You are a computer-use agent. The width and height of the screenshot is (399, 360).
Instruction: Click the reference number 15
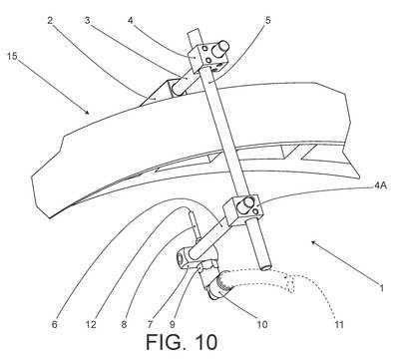[12, 56]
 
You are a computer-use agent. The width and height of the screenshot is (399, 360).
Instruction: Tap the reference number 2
[50, 21]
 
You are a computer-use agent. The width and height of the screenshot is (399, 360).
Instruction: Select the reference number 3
[87, 21]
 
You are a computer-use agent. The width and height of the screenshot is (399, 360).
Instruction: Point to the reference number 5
[268, 20]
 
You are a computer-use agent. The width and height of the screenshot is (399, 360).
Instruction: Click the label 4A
[380, 185]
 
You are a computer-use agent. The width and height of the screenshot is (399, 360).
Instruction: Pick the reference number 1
[382, 288]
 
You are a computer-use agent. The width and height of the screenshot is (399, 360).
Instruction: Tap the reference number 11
[339, 324]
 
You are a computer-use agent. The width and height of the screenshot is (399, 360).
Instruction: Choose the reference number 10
[262, 324]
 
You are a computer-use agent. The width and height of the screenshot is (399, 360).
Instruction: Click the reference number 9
[173, 324]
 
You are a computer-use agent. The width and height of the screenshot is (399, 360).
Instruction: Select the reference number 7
[149, 324]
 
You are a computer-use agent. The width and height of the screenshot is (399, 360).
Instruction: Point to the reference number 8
[124, 324]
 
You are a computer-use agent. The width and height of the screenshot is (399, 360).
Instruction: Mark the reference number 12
[91, 324]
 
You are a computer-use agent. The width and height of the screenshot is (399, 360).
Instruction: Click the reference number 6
[55, 324]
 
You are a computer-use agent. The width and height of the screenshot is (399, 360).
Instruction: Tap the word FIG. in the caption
[168, 342]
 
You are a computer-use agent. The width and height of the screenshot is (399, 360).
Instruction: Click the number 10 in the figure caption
[206, 342]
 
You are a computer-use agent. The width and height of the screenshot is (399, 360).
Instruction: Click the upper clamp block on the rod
[208, 57]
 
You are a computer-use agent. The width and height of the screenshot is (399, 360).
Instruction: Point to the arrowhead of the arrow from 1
[313, 242]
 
